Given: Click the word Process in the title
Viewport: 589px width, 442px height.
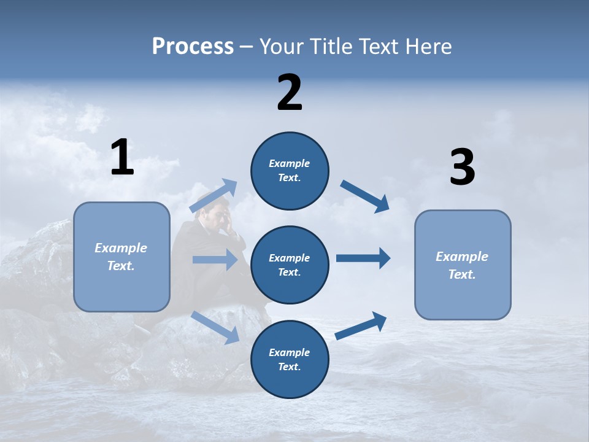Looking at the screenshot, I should click(193, 47).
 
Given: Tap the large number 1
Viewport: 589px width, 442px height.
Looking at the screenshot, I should click(122, 158).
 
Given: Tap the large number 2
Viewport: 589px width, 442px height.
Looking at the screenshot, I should click(290, 93).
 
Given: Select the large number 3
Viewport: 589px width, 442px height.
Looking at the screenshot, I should click(462, 168).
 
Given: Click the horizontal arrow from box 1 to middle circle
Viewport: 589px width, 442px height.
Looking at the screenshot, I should click(215, 260).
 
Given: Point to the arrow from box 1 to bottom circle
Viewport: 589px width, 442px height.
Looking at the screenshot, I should click(215, 327).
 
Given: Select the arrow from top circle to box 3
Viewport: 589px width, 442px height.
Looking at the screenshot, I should click(365, 196).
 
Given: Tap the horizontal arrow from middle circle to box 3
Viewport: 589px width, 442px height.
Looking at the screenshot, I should click(363, 258).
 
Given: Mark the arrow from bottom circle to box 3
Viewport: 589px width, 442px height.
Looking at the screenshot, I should click(361, 325).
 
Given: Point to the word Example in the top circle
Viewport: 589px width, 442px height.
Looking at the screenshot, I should click(290, 163).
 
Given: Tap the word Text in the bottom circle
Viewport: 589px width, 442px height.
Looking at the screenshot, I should click(288, 366).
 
